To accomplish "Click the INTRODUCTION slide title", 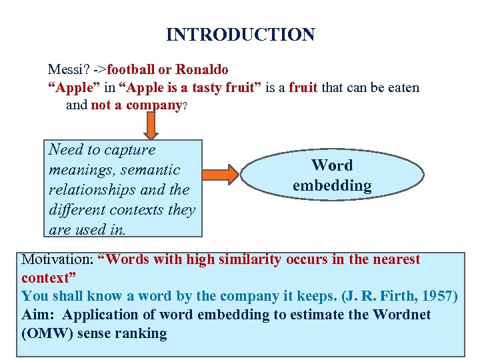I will click(240, 35).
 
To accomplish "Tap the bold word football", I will click(131, 69).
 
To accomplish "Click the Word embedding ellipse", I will click(331, 175).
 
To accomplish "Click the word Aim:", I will click(37, 315).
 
